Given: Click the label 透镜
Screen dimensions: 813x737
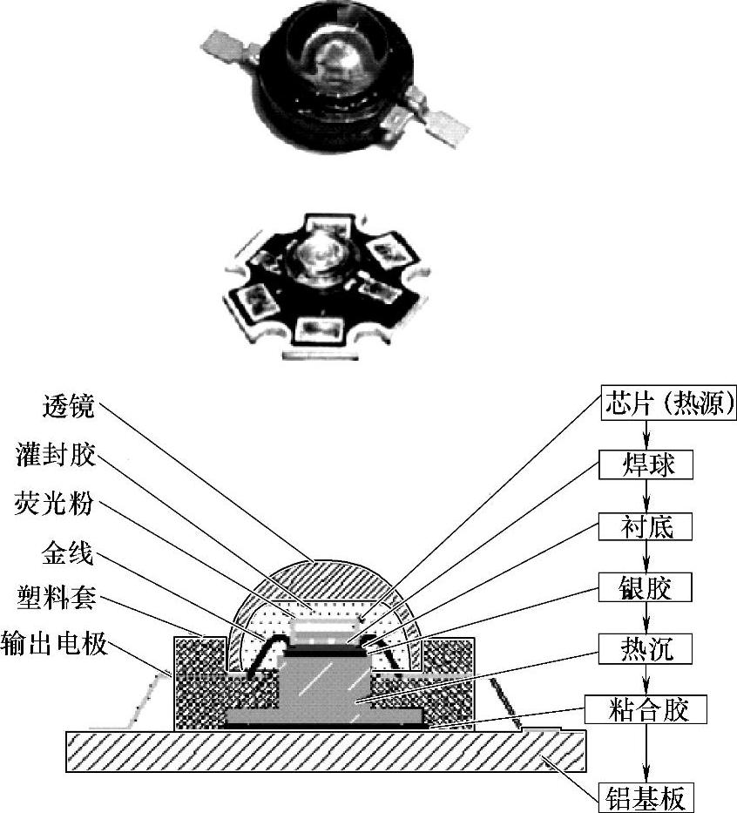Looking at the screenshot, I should coord(69,406).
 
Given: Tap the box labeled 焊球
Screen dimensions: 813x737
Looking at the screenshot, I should coord(646,464).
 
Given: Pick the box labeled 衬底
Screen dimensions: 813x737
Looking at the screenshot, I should coord(646,525).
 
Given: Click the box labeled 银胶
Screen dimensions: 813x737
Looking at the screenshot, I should coord(646,587).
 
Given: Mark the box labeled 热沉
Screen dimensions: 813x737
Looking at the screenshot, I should coord(646,648).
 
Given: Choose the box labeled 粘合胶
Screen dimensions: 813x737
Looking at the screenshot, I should coord(646,710).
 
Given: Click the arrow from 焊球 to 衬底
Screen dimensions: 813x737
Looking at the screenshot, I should coord(646,495).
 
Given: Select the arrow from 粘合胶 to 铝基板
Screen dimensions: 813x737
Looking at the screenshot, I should coord(646,753).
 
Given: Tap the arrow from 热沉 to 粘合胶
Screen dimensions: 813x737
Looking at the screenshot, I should coord(646,680).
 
